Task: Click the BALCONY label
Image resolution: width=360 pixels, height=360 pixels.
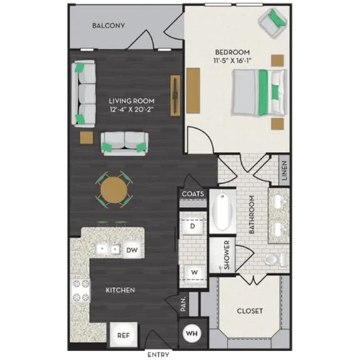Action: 109,26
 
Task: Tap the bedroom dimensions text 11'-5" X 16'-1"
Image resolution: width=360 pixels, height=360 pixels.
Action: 232,61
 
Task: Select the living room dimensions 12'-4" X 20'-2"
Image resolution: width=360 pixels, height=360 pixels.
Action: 131,109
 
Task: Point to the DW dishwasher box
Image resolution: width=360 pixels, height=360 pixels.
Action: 131,250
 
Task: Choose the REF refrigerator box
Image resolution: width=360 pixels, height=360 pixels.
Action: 123,335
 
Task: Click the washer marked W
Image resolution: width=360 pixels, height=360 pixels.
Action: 194,272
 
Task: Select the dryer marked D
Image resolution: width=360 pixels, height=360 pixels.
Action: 193,227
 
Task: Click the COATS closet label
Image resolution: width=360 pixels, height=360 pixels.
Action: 192,194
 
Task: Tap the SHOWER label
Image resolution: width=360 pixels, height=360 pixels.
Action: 227,255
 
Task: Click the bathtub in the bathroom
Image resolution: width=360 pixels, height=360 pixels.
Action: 221,212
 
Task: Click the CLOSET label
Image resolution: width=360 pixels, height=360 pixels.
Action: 250,311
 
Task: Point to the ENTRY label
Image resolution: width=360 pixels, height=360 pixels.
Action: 158,354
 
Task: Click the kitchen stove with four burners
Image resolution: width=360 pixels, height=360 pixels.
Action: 81,291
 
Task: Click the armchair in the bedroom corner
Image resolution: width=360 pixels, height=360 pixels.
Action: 272,24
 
